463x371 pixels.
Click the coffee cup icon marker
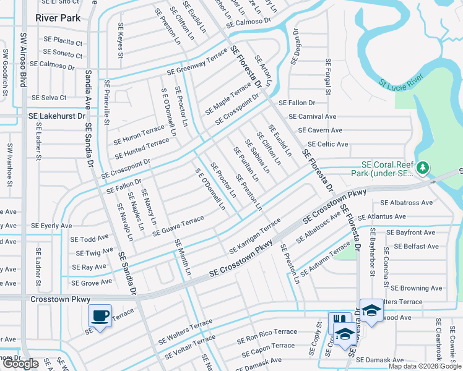(100, 315)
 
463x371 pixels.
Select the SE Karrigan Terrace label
(255, 236)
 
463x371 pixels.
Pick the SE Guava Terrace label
(175, 224)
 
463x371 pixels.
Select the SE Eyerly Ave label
(52, 226)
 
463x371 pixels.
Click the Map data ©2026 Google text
(425, 366)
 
